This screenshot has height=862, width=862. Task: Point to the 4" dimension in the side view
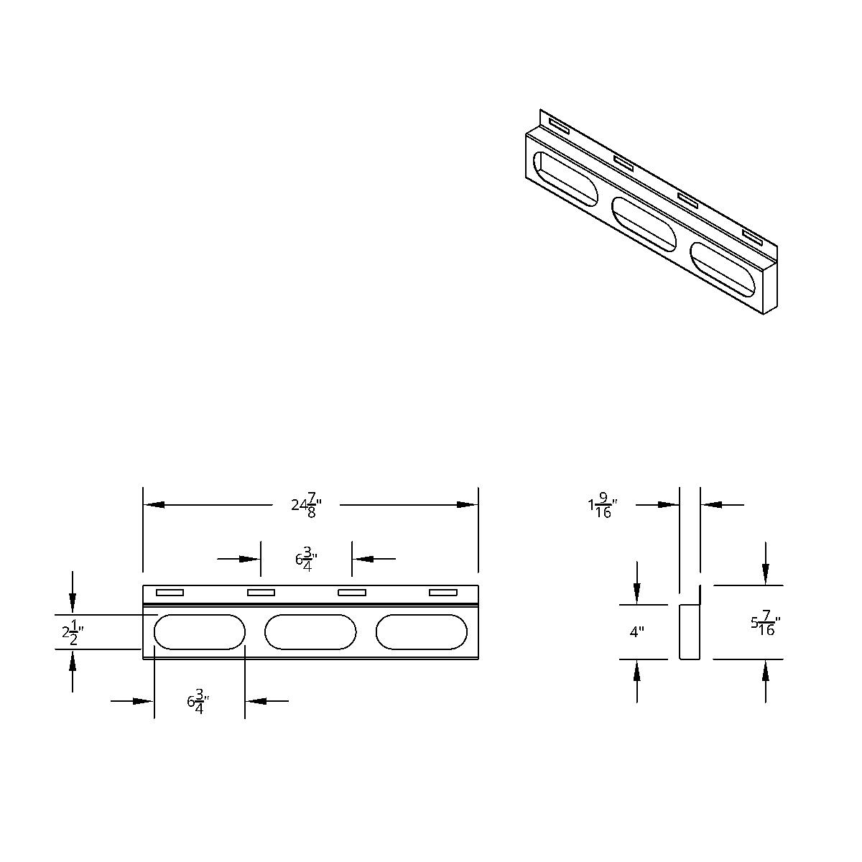[636, 632]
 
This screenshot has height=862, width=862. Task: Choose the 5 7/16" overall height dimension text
[765, 624]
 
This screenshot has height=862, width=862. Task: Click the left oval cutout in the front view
[200, 632]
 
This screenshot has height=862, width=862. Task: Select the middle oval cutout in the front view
[310, 632]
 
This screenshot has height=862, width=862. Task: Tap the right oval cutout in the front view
[421, 632]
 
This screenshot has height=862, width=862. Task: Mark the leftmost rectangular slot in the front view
[170, 593]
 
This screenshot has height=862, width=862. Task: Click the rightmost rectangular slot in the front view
[442, 593]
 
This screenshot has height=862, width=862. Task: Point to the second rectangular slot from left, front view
[261, 593]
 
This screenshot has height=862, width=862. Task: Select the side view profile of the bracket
[688, 631]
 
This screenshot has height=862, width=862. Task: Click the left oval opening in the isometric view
[565, 180]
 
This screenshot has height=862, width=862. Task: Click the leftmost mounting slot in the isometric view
[558, 127]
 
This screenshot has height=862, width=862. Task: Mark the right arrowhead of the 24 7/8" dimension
[468, 505]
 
